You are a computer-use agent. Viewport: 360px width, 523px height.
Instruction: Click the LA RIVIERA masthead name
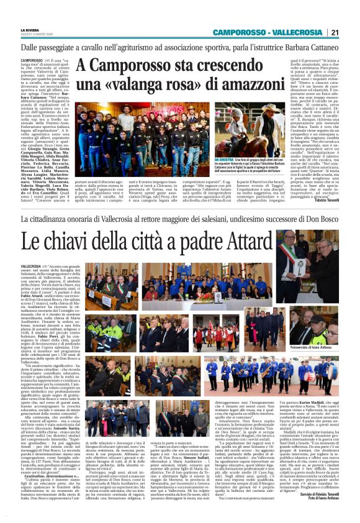pyautogui.click(x=30, y=30)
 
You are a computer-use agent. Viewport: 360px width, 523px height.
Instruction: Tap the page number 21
pyautogui.click(x=334, y=32)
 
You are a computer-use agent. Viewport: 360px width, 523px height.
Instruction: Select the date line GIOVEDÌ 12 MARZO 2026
pyautogui.click(x=35, y=34)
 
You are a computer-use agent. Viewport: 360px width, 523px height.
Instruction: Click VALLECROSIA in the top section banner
pyautogui.click(x=298, y=32)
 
